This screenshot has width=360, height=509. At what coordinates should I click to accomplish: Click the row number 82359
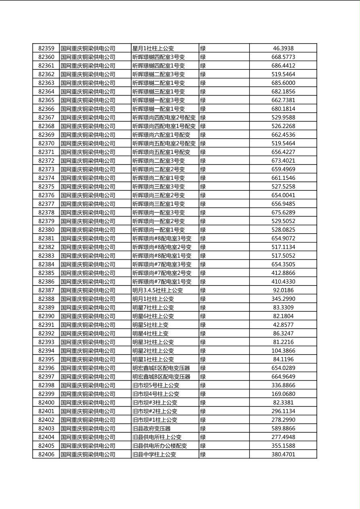46,48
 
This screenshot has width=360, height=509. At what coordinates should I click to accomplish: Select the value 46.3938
283,48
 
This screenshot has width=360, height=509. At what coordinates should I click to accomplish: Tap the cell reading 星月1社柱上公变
153,48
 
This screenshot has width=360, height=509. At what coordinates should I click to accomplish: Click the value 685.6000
283,83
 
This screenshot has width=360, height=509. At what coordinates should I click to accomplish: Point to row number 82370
46,144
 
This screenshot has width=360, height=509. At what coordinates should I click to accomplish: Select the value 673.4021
283,161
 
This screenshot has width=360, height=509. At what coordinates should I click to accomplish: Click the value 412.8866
283,273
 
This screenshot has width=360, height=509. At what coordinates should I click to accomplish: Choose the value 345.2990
283,299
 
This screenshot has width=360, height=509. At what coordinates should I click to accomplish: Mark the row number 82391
46,325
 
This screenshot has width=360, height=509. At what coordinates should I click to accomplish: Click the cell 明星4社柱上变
150,334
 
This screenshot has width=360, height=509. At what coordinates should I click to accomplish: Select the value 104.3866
283,351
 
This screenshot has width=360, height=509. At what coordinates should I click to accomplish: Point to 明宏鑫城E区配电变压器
161,368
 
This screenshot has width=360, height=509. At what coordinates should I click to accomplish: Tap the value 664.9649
283,377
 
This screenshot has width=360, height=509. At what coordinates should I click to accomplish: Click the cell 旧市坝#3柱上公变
155,403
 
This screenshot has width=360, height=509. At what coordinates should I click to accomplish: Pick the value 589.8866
283,428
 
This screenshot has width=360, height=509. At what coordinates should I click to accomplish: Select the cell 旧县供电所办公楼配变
160,446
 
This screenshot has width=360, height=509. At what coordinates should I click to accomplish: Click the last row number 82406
46,455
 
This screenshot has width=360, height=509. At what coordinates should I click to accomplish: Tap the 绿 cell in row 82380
203,230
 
